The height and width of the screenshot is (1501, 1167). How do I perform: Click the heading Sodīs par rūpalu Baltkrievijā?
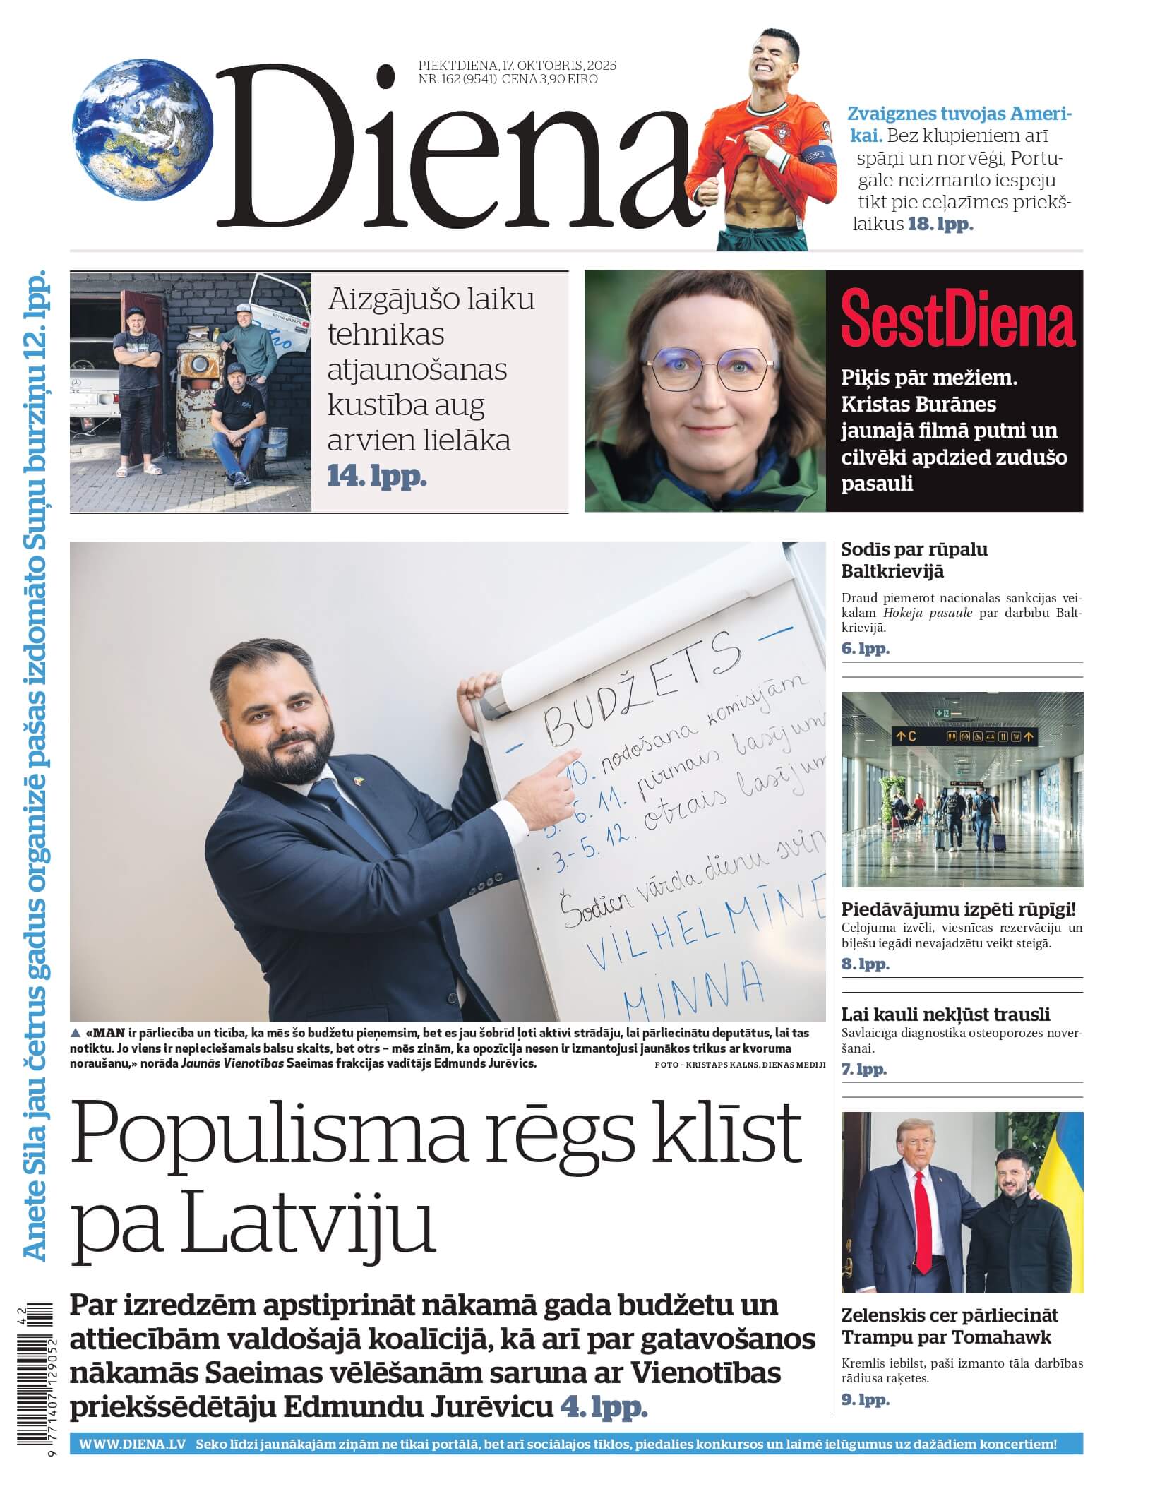pyautogui.click(x=914, y=560)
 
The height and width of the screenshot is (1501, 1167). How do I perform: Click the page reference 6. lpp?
pyautogui.click(x=865, y=648)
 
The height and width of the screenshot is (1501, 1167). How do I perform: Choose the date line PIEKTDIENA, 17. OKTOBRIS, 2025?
pyautogui.click(x=517, y=66)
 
